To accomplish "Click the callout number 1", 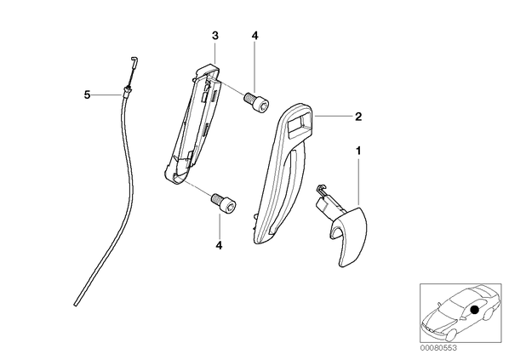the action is [358, 151].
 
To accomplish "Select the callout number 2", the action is [358, 117].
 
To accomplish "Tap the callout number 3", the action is [215, 36].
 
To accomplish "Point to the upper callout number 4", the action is [254, 36].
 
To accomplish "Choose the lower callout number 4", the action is [219, 245].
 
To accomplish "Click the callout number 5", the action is [87, 94].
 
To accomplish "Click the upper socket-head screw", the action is [256, 102].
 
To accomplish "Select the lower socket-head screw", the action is [224, 203].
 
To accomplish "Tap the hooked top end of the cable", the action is [134, 60].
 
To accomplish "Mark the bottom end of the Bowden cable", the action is [76, 304].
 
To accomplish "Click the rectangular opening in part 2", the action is [299, 123].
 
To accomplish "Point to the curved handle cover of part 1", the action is [349, 237].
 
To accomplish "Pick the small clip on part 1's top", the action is [321, 189].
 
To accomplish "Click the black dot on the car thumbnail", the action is [475, 310].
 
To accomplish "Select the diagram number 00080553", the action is [438, 348].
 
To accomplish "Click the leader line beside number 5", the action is [107, 94].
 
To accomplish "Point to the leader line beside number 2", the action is [334, 116].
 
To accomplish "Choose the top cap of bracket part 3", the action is [208, 69].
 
